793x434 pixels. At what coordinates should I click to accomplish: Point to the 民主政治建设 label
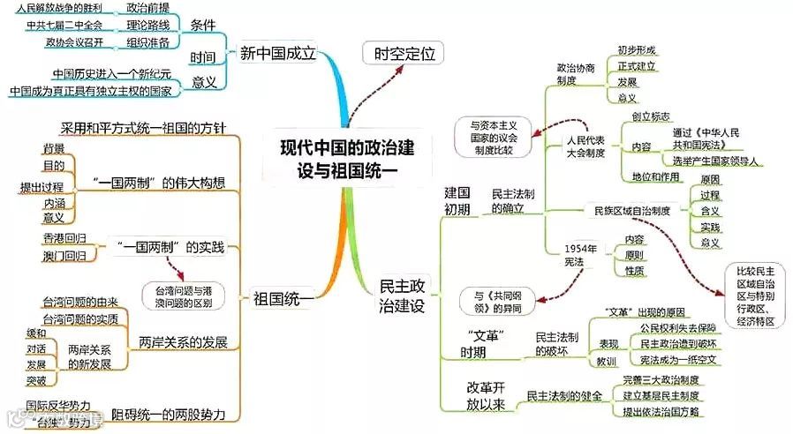pyautogui.click(x=402, y=296)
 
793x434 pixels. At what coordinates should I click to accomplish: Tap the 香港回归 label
pyautogui.click(x=64, y=238)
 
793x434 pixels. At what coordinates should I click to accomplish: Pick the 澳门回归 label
pyautogui.click(x=64, y=256)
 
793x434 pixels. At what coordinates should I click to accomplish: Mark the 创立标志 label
pyautogui.click(x=651, y=116)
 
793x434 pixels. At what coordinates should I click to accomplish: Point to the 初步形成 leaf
pyautogui.click(x=637, y=49)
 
